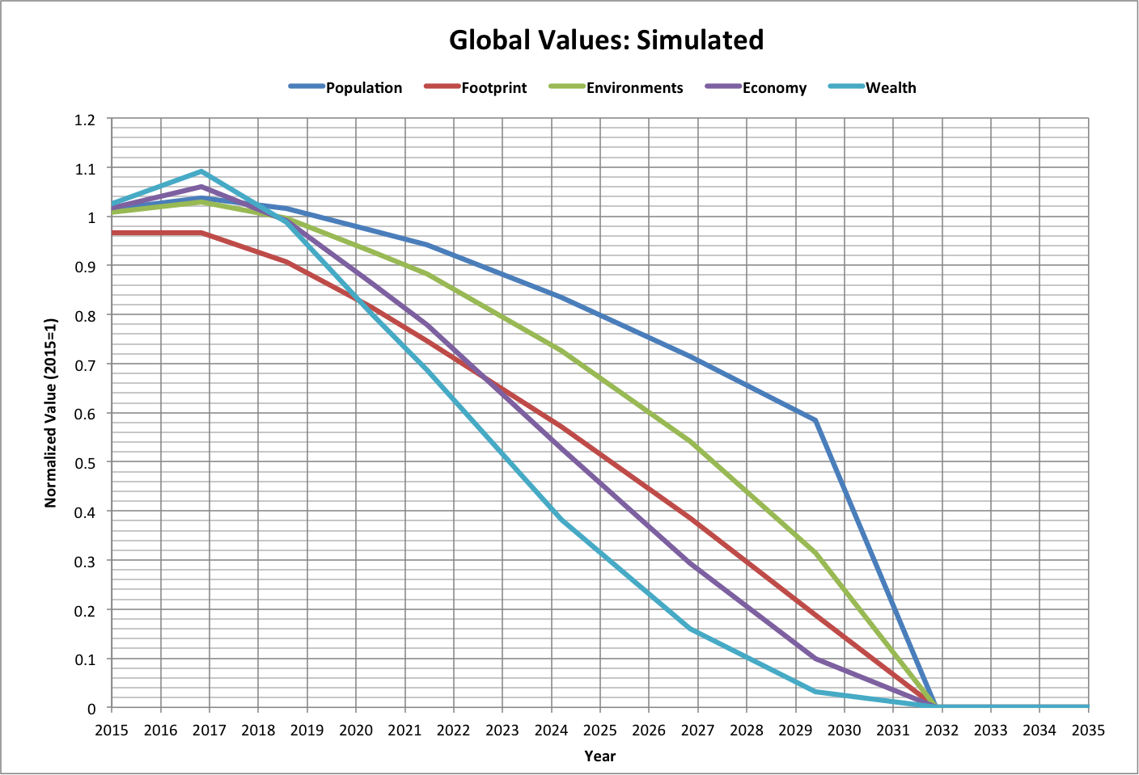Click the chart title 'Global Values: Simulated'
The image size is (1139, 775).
coord(606,40)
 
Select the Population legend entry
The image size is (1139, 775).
coord(363,88)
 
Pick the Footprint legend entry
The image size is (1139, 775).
coord(493,88)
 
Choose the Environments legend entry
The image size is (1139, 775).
coord(634,88)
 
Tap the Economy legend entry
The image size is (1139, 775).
coord(774,88)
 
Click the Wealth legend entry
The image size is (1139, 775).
coord(891,88)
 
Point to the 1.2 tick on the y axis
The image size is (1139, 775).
coord(85,120)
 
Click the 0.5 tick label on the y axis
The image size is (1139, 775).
coord(85,463)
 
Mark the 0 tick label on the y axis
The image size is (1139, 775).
coord(91,709)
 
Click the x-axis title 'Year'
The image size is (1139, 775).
coord(599,756)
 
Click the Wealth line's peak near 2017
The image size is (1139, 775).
coord(201,171)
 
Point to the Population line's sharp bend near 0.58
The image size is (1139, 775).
coord(815,420)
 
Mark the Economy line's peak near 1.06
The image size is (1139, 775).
coord(201,187)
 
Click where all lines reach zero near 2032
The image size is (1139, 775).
coord(936,706)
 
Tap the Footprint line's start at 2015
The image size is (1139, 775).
coord(112,233)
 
